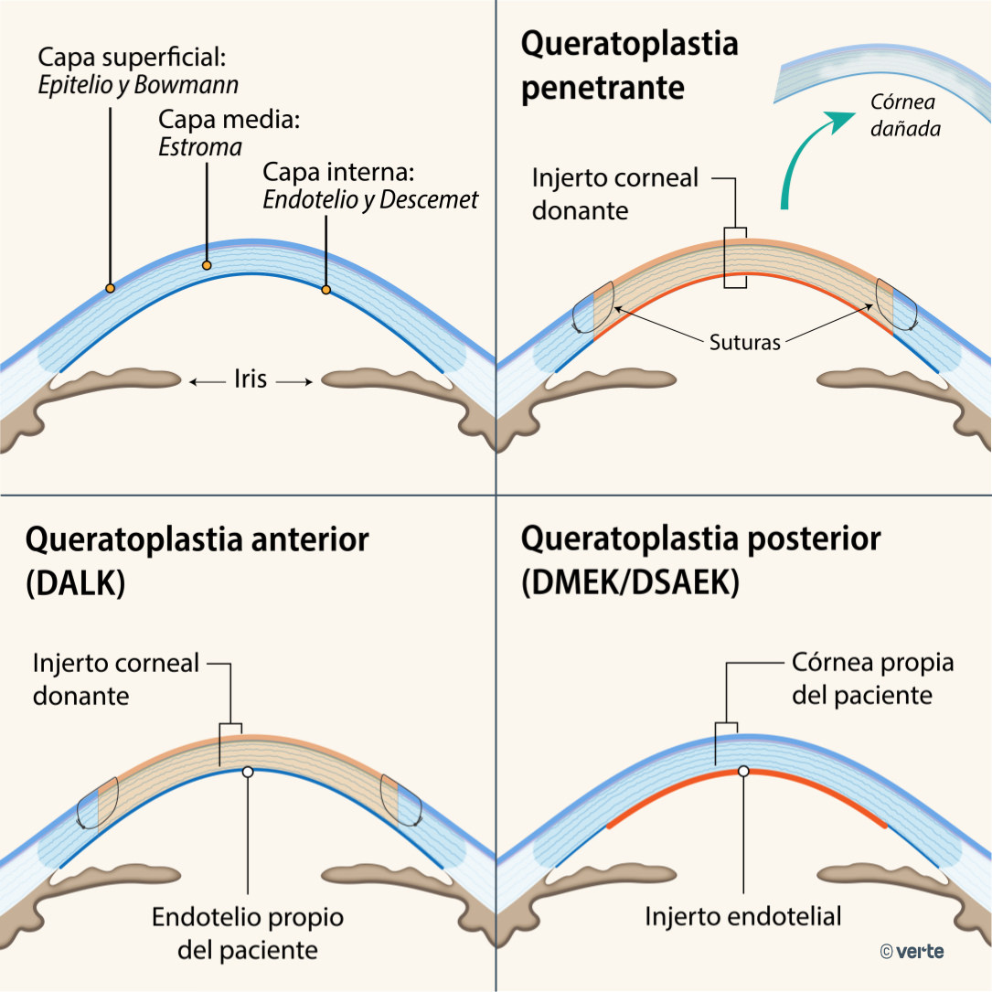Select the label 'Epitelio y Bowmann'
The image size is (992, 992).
point(137,86)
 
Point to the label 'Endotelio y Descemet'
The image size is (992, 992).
point(370,199)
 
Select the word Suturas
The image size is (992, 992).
point(744,344)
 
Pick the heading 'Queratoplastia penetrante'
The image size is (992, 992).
point(629,66)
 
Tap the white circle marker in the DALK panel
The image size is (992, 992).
point(248,772)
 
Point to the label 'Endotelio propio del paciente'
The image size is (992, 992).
point(248,933)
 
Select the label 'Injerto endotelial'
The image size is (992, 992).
point(742,915)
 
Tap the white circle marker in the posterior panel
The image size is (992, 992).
point(743,772)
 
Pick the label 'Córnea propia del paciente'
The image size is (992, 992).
point(872,678)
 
